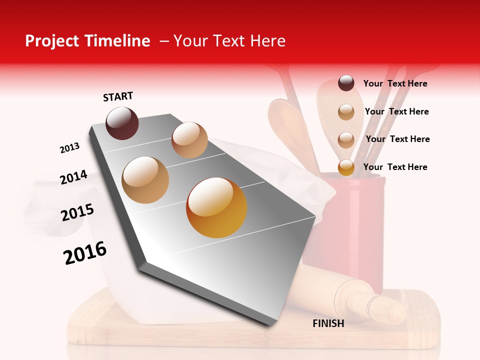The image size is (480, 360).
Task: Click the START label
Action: point(118,96)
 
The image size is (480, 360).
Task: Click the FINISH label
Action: point(328,323)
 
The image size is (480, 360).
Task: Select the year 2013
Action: point(69,148)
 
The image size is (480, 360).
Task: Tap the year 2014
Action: point(73,177)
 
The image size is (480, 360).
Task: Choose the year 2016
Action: point(85,253)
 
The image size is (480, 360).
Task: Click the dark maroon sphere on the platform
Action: point(122,123)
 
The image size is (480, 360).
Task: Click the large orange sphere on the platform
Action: point(216,207)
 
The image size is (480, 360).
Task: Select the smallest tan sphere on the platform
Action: point(189,140)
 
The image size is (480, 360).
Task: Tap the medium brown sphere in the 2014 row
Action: point(145,180)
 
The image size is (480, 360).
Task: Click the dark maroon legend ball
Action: point(346,83)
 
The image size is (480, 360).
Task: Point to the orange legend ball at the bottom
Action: point(346,167)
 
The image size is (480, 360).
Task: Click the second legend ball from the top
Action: point(346,112)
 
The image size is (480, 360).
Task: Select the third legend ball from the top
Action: point(346,140)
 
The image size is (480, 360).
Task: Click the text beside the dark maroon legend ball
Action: point(395,83)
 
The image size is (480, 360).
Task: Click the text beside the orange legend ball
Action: point(395,167)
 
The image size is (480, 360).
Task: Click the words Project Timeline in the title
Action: point(87,41)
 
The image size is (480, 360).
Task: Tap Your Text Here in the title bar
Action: point(229,41)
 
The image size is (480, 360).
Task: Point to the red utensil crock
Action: point(345,225)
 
